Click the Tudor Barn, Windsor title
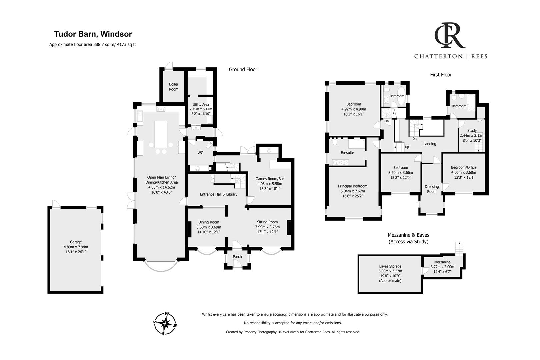coord(93,34)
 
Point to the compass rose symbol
coord(165,323)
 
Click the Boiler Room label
coord(174,87)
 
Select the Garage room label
coord(76,242)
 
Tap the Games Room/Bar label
coord(269,179)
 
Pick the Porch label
coord(237,257)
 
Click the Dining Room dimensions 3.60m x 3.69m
coord(209,227)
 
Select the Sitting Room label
coord(267,222)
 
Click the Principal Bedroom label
coord(353,186)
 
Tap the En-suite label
coord(348,153)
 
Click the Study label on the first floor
coord(472,131)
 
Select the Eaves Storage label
coord(390,266)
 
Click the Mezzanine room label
coord(442,262)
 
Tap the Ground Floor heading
coord(243,70)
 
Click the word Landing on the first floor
coord(430,144)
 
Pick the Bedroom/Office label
coord(463,168)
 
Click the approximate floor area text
coord(93,44)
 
